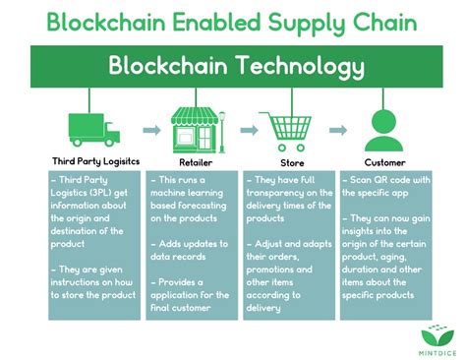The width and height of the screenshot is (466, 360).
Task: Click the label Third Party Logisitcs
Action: click(x=95, y=162)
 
